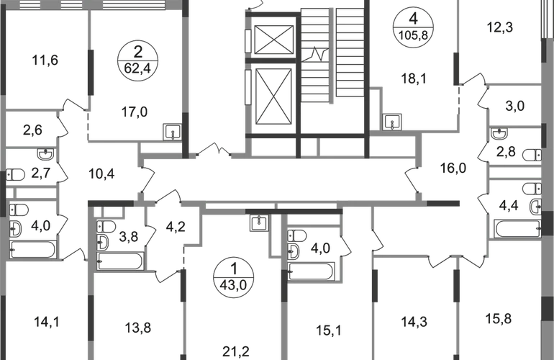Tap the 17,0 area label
tap(135, 112)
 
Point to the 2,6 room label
tap(33, 130)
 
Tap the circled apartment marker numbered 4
tap(414, 27)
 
